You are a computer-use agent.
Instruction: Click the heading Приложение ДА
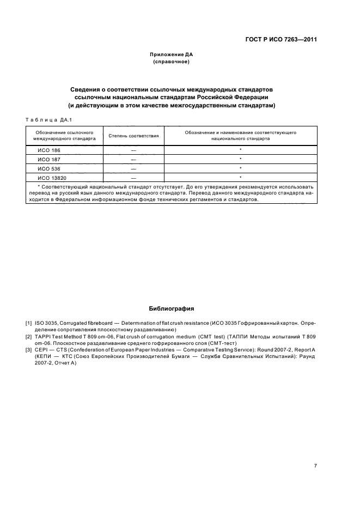tap(171, 55)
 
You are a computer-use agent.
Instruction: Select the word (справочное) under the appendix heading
tap(171, 62)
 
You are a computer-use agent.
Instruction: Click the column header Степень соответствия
tap(133, 136)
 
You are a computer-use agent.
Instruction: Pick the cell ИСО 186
tap(48, 150)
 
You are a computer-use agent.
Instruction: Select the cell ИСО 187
tap(48, 159)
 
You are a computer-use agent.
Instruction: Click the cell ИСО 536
tap(48, 168)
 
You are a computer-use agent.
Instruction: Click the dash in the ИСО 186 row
tap(133, 150)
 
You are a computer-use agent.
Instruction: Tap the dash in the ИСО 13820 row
tap(133, 178)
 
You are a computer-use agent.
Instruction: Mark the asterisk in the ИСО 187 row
tap(240, 159)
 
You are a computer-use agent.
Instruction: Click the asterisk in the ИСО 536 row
tap(240, 168)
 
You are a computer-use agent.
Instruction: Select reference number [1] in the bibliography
tap(28, 324)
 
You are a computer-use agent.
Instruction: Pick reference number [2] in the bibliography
tap(28, 337)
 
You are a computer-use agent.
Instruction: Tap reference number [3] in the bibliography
tap(28, 350)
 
